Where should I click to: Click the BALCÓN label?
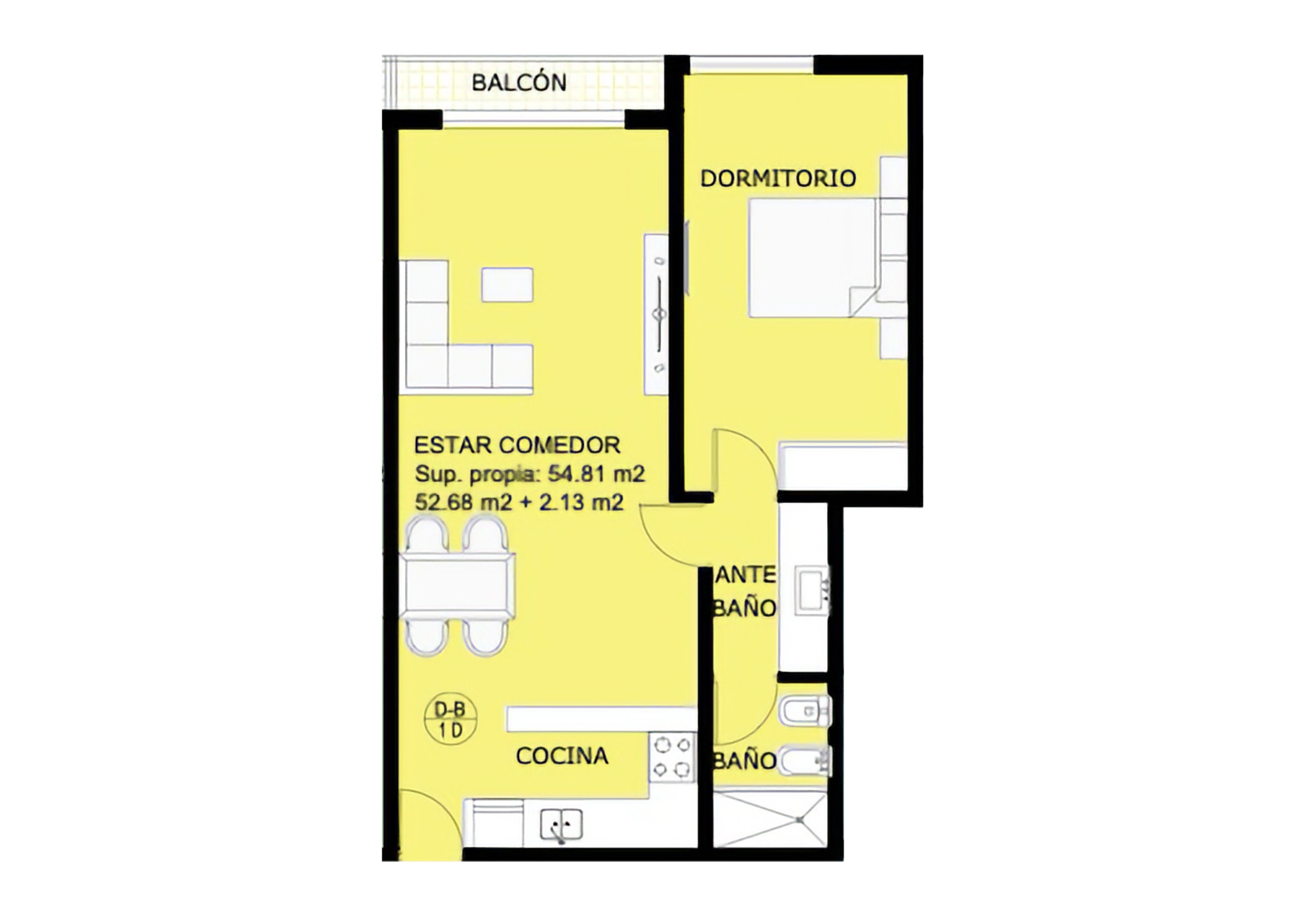tap(519, 83)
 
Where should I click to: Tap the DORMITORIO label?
tap(778, 178)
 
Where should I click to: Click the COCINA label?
tap(562, 756)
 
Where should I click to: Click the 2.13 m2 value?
tap(581, 502)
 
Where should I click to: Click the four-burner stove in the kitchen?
tap(672, 757)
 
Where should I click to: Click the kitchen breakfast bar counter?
tap(601, 719)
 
